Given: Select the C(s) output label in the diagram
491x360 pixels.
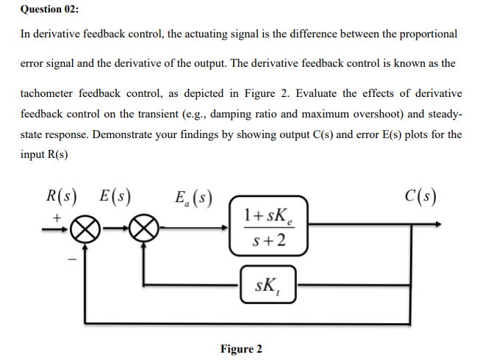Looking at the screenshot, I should (420, 197).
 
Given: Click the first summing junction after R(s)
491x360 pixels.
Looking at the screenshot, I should (86, 228).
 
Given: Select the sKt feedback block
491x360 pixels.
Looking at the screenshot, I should (267, 283).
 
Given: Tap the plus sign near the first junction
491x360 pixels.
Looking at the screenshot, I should (57, 217).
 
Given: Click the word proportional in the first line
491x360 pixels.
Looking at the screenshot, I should (426, 34).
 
